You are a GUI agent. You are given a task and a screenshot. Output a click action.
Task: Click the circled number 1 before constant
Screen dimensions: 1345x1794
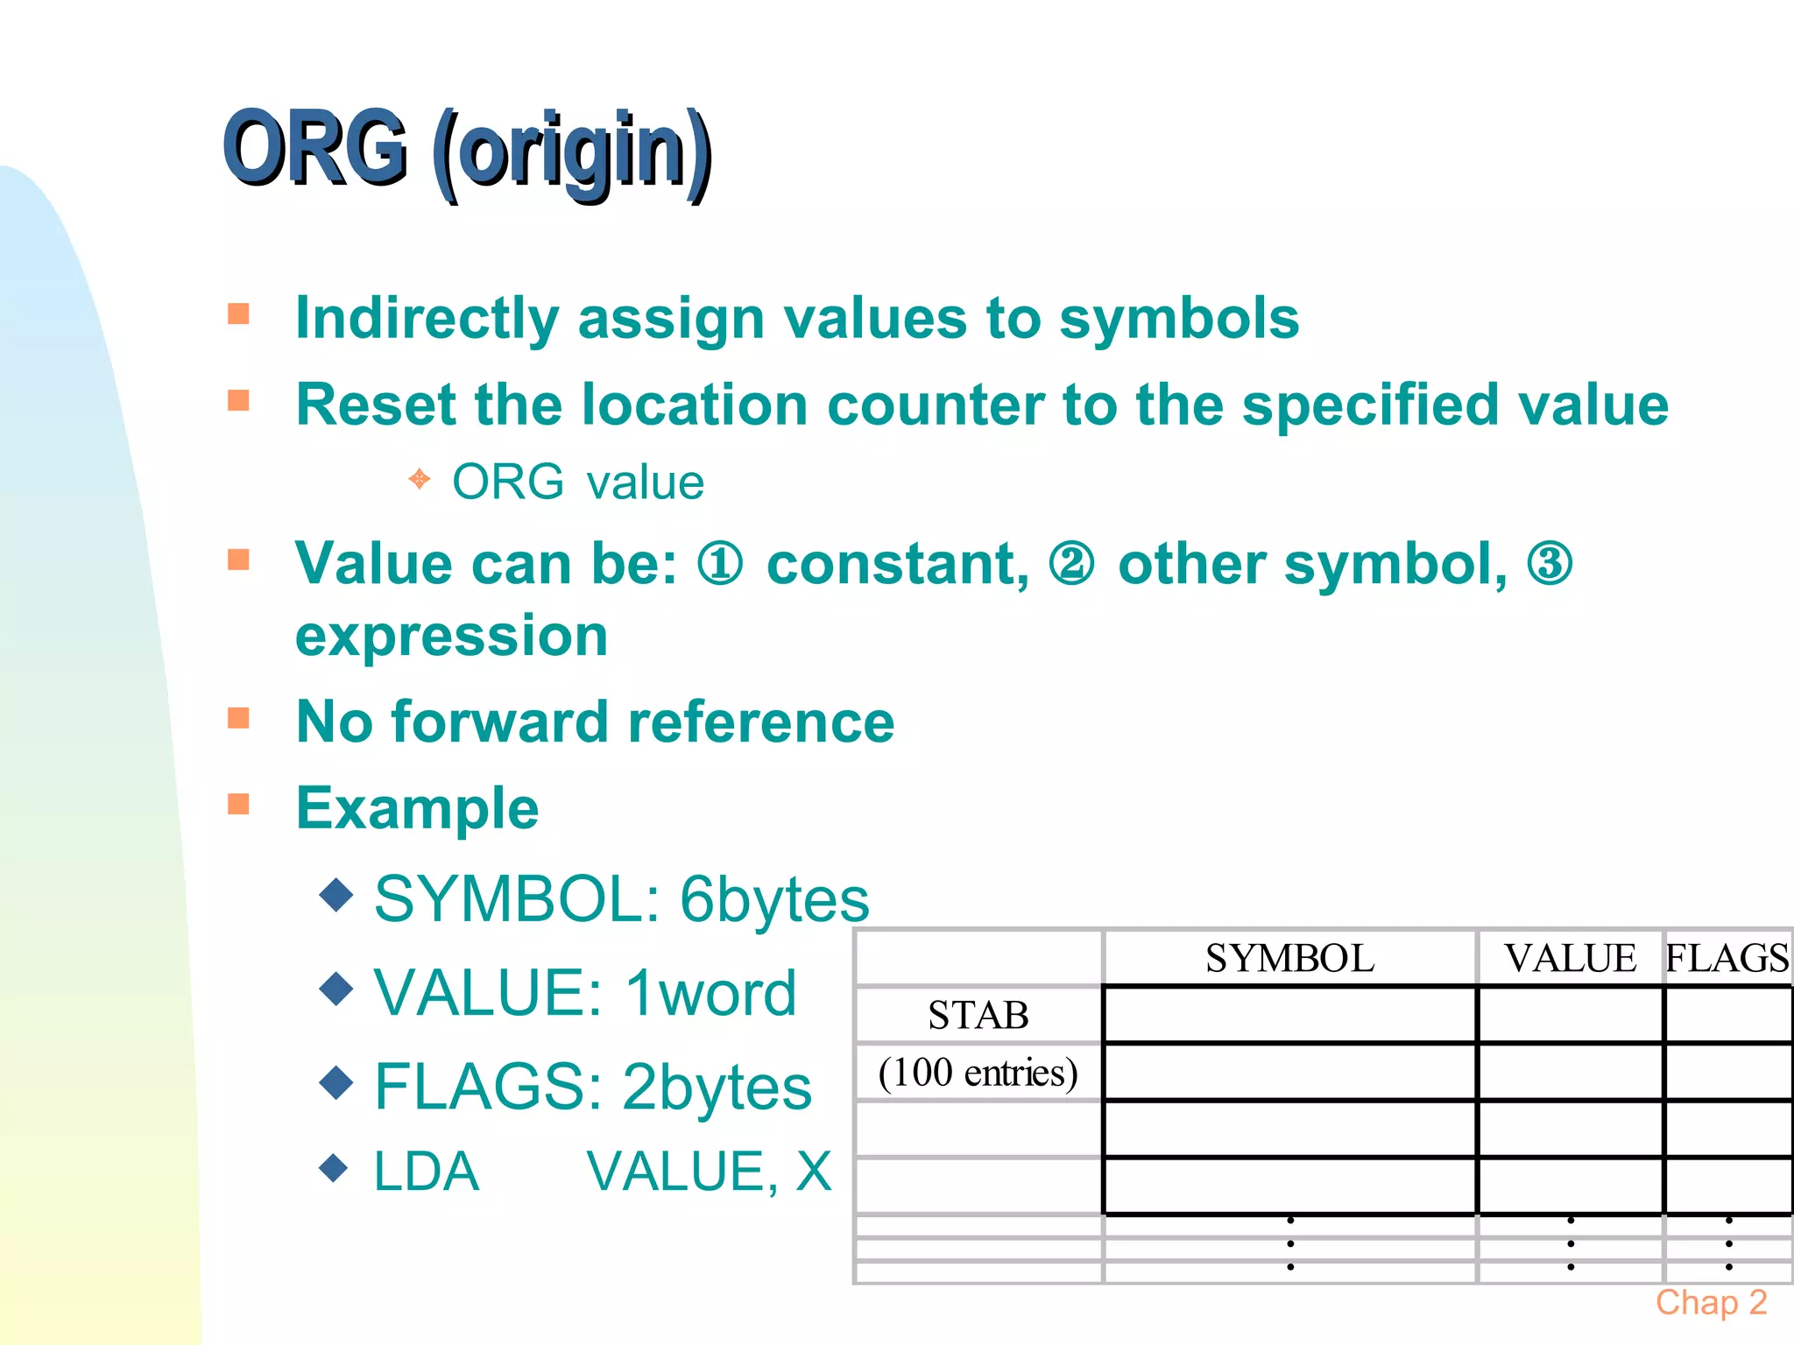pos(720,564)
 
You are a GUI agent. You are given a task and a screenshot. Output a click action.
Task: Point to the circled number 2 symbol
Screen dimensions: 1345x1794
pos(1071,564)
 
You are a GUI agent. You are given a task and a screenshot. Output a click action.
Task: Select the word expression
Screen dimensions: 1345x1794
pos(451,636)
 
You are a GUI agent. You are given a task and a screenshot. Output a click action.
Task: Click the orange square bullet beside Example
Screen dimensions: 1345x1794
pos(238,804)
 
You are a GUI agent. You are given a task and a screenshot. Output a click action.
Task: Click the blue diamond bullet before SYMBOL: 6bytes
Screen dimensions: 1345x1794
pos(336,894)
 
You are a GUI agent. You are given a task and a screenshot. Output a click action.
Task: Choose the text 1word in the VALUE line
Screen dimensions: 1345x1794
pos(710,993)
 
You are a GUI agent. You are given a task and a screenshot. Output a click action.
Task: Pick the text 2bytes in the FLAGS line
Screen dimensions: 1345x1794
pos(717,1087)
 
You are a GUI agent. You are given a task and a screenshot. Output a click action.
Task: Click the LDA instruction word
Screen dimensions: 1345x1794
pos(427,1172)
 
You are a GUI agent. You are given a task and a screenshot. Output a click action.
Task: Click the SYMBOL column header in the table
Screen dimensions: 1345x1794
pos(1289,958)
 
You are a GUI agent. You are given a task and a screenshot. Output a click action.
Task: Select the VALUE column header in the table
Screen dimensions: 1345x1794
pos(1570,958)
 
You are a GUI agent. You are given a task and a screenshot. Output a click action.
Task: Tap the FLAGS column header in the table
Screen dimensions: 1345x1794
pos(1726,958)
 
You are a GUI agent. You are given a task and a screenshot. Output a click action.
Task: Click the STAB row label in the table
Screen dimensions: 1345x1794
pos(978,1016)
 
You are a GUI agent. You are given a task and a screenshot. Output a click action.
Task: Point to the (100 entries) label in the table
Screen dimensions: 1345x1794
pos(978,1073)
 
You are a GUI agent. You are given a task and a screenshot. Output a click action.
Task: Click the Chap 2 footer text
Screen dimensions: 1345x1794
pos(1711,1303)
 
